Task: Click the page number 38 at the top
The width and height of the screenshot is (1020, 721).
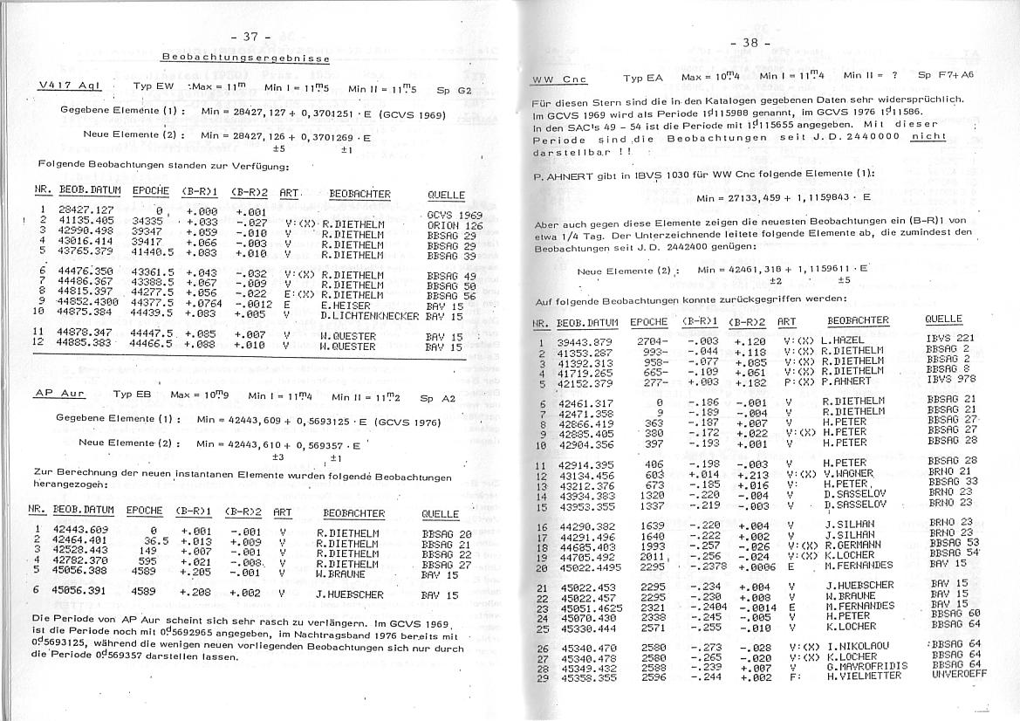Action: pyautogui.click(x=751, y=43)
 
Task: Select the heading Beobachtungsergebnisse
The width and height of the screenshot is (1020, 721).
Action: pyautogui.click(x=246, y=58)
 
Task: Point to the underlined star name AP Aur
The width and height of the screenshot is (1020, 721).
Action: pyautogui.click(x=60, y=395)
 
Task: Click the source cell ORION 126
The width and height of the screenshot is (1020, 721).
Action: pyautogui.click(x=455, y=225)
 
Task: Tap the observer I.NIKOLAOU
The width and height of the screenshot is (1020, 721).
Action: pyautogui.click(x=859, y=647)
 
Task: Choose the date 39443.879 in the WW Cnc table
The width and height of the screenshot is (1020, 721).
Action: pyautogui.click(x=585, y=340)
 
